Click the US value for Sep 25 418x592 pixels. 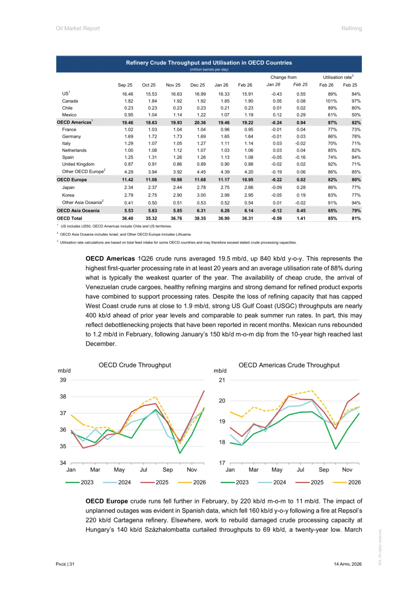point(127,94)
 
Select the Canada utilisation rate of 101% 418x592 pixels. point(331,101)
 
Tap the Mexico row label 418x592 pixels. point(69,115)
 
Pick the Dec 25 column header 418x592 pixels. point(197,85)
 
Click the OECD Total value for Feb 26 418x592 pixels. point(247,219)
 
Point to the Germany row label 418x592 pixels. point(72,137)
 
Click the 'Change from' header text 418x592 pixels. point(283,78)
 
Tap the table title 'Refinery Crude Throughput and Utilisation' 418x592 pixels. point(209,63)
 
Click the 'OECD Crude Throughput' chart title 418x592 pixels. point(135,365)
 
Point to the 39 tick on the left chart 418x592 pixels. point(63,380)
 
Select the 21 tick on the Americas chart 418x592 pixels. point(222,380)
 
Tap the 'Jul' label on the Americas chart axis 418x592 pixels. point(300,470)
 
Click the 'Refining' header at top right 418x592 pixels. point(351,29)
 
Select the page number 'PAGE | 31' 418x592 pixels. point(65,564)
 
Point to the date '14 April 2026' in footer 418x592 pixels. point(348,564)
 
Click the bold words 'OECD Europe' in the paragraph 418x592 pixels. point(107,501)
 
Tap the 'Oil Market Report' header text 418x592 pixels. point(78,29)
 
